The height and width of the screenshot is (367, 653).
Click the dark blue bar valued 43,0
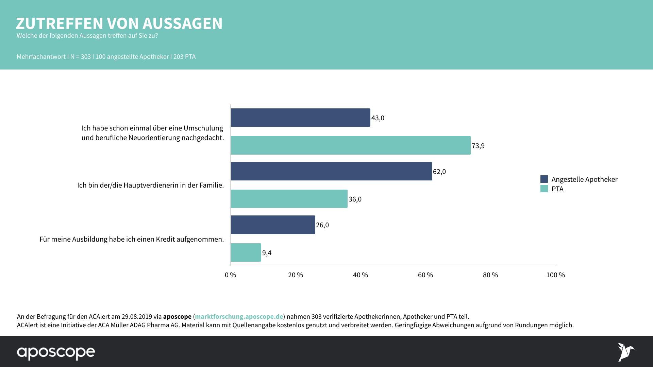coord(300,118)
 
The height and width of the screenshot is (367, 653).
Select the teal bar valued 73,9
coord(351,145)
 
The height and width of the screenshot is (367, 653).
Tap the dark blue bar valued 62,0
coord(331,171)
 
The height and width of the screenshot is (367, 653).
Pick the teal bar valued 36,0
coord(289,199)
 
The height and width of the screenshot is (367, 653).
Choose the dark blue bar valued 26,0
coord(273,225)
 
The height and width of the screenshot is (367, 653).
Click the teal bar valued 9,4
coord(246,252)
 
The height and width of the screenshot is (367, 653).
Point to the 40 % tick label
coord(361,275)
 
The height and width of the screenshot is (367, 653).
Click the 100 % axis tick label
coord(555,275)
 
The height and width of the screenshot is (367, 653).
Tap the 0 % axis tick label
coord(231,275)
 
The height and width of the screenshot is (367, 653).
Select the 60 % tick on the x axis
coord(425,275)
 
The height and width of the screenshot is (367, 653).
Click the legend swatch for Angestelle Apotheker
coord(544,179)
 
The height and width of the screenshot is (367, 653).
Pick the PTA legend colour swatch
coord(544,189)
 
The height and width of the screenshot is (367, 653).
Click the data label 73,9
coord(478,146)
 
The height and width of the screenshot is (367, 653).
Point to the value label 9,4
coord(267,253)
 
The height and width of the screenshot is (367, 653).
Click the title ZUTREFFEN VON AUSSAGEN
coord(119,23)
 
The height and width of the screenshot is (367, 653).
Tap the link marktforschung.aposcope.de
coord(239,316)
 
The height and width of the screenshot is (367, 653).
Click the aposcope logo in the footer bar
coord(56,352)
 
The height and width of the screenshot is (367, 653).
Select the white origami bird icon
coord(625,352)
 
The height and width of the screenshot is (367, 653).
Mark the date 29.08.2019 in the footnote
coord(137,316)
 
